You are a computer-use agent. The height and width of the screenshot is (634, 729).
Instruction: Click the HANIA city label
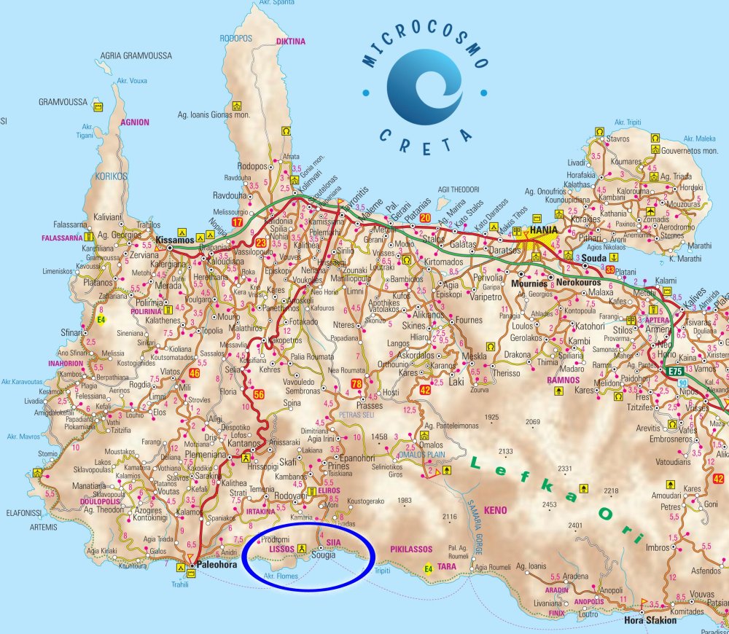[x=543, y=230]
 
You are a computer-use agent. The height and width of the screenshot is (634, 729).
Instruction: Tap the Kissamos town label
[x=174, y=239]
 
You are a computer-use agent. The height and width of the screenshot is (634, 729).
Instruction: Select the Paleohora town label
[x=218, y=563]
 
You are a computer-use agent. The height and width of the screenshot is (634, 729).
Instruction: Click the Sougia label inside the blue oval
[x=324, y=555]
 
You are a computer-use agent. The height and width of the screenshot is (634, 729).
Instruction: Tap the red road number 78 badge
[x=356, y=383]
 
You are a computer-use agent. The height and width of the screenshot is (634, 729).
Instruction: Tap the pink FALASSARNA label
[x=61, y=237]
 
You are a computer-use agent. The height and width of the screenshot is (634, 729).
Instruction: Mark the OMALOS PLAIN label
[x=421, y=454]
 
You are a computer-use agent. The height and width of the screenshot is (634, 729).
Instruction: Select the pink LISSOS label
[x=281, y=547]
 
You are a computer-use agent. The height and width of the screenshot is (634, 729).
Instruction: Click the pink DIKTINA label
[x=291, y=42]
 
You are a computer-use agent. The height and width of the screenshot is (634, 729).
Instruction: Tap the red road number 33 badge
[x=610, y=270]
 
